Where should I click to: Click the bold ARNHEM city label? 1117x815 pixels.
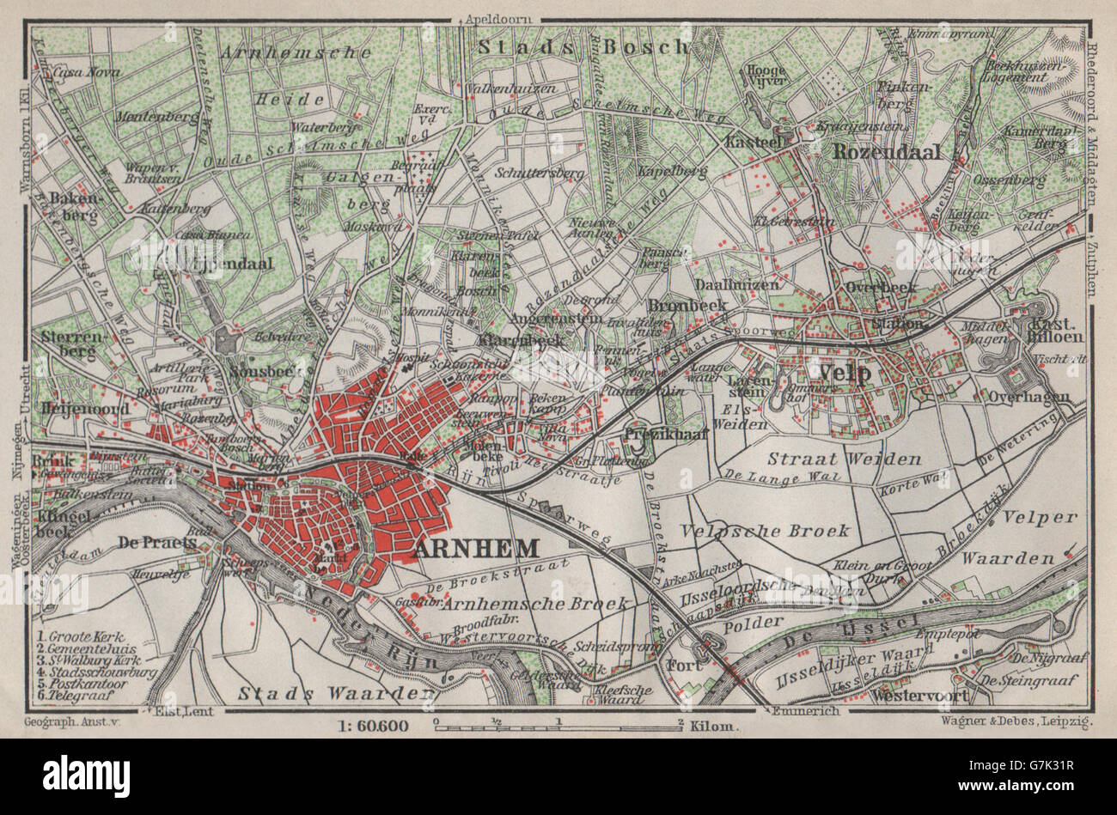(477, 549)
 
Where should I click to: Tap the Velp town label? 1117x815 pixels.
(845, 373)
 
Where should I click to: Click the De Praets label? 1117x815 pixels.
(149, 543)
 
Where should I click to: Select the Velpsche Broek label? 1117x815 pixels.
(764, 531)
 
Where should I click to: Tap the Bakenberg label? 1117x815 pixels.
(71, 204)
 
